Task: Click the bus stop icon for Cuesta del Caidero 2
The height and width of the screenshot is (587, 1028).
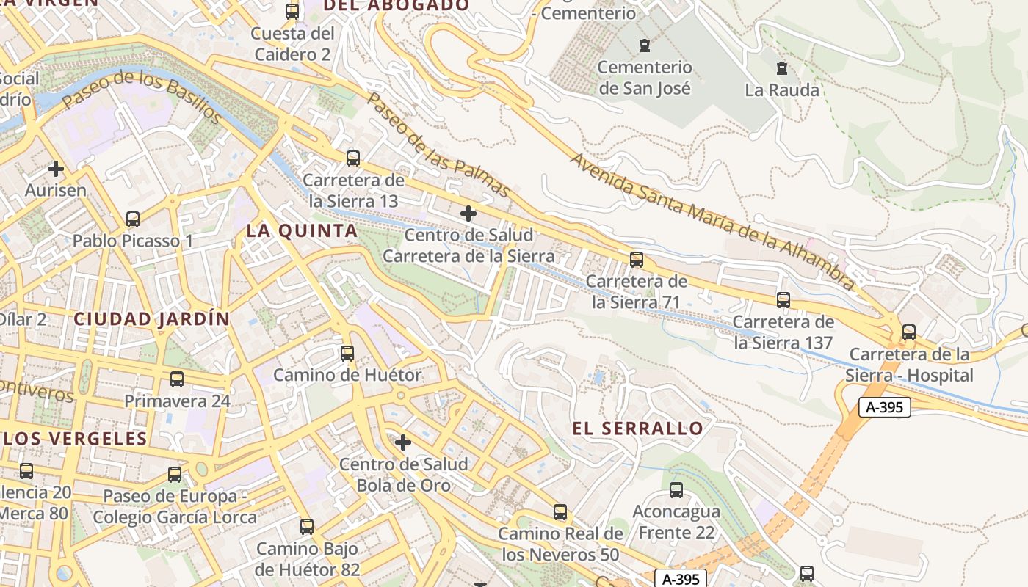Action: pos(292,12)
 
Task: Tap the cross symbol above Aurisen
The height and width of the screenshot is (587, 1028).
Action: pos(56,169)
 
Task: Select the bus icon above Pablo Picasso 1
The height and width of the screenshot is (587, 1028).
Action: pos(133,219)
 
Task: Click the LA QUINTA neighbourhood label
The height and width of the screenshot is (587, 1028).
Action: pos(302,231)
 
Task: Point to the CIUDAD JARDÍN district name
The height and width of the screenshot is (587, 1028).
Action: pos(152,319)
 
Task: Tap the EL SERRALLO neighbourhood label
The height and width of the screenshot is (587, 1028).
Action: pos(637,429)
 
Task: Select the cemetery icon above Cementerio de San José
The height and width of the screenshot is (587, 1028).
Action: pos(645,45)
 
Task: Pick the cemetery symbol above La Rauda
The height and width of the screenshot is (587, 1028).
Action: pos(782,69)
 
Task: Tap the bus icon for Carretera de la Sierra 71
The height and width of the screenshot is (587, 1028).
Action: pos(637,260)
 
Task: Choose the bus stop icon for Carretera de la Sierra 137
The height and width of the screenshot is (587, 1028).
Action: pos(783,300)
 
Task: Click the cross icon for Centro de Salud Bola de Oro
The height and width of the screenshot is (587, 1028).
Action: pos(403,442)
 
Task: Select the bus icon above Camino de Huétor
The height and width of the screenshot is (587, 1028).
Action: pos(347,354)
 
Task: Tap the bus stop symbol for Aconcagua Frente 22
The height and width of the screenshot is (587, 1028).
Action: pos(676,490)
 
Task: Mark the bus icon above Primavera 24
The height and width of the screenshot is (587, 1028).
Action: pos(177,379)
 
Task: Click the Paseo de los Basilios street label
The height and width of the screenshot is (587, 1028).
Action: pos(142,97)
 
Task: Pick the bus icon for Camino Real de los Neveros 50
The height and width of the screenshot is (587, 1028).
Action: pos(560,512)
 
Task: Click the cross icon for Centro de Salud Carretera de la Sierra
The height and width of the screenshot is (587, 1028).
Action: pos(468,214)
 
